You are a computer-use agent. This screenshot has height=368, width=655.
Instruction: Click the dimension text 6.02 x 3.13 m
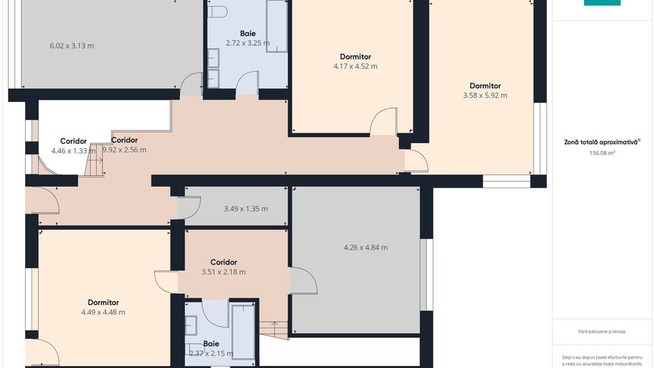point(72,46)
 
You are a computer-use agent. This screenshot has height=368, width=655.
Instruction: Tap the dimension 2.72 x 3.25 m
point(247,43)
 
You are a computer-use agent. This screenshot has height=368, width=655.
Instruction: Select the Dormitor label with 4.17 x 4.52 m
point(355,57)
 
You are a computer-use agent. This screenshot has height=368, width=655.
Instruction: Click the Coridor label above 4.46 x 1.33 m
point(73,141)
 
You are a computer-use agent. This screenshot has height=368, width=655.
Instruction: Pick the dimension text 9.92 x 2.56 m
point(124,149)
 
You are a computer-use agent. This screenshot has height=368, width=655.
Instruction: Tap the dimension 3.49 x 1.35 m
point(246,209)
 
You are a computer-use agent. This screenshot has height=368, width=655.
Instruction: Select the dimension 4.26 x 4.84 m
point(366,247)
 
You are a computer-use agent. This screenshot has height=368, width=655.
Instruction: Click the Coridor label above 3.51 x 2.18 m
point(223,263)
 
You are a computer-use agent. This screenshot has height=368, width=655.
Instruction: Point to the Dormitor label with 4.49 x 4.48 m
point(103,302)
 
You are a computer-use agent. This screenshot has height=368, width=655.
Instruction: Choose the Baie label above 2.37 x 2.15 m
point(211,344)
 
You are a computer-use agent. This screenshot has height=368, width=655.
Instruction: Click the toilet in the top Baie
point(219,11)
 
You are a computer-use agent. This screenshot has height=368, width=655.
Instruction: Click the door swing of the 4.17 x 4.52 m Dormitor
point(384,121)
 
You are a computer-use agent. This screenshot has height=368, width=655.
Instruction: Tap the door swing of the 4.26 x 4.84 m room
point(303,280)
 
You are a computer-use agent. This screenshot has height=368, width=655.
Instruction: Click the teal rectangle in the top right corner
point(602,3)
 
